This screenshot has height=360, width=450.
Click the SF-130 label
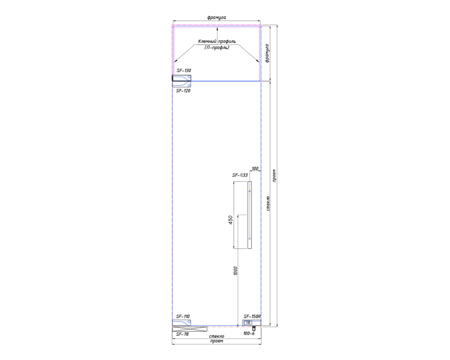point(184,70)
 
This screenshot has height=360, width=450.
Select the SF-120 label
point(183,91)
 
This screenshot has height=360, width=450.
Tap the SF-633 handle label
point(240,175)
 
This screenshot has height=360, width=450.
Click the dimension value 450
point(230,220)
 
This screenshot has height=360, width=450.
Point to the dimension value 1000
point(235,271)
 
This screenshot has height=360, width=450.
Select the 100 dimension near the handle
point(255,168)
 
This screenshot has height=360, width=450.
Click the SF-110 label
point(183,316)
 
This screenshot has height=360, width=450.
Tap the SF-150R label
point(252,316)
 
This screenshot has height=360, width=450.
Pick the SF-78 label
point(182,334)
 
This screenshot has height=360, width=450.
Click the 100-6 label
point(249,333)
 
